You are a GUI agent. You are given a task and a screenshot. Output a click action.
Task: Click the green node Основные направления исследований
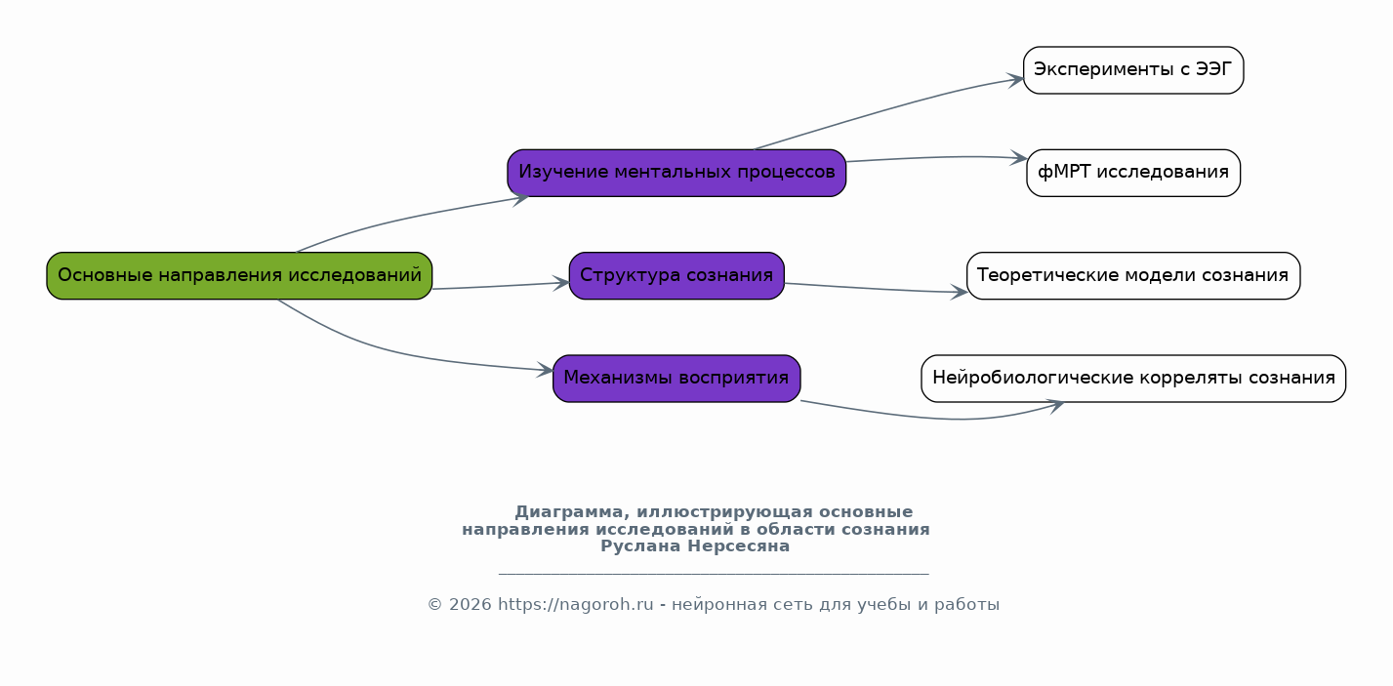tap(239, 275)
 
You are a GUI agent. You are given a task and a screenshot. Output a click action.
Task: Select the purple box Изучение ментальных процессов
tap(676, 173)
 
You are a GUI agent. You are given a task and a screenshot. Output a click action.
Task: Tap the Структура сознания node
tap(676, 275)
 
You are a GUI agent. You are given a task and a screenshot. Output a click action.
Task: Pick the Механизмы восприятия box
tap(676, 379)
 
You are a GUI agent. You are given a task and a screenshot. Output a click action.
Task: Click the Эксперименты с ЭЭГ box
tap(1132, 70)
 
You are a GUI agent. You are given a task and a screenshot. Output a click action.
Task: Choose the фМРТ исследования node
tap(1132, 173)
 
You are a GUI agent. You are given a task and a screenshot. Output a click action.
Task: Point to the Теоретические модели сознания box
tap(1132, 275)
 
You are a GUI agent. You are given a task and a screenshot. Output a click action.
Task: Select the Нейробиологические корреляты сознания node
tap(1132, 379)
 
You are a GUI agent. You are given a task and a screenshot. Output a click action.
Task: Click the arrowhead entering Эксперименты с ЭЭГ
tap(1017, 80)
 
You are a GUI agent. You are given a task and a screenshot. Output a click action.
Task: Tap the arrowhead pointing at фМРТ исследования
tap(1020, 157)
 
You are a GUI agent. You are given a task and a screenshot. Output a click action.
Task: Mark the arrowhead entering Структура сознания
tap(562, 283)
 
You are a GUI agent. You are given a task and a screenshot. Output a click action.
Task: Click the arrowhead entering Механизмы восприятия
tap(546, 371)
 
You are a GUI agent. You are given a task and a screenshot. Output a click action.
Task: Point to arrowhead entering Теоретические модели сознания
tap(960, 292)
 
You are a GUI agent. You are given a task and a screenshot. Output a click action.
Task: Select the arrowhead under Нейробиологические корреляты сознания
tap(1055, 405)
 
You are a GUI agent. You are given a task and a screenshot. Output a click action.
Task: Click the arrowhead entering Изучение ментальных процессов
tap(520, 197)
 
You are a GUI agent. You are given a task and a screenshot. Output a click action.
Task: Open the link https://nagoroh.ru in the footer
tap(575, 605)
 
